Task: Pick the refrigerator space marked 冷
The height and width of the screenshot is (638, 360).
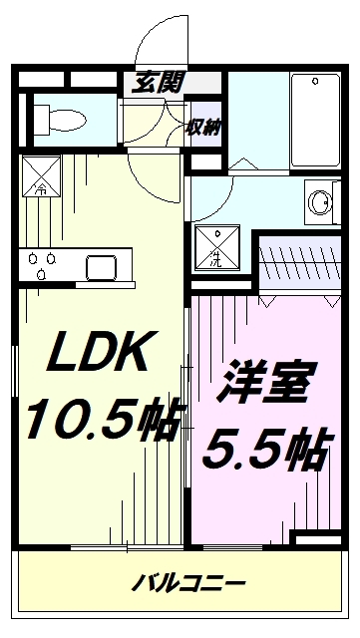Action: [x=41, y=174]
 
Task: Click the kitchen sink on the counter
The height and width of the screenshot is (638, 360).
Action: [x=102, y=267]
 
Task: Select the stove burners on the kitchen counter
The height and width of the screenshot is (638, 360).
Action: [x=41, y=266]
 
